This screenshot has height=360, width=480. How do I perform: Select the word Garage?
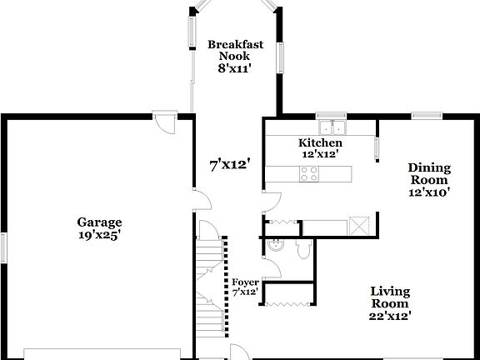99,222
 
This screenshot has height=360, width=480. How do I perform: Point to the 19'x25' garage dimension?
99,235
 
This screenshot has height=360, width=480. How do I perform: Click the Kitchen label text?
320,142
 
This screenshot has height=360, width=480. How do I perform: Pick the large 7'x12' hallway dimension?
230,164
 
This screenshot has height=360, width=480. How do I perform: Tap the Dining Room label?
429,173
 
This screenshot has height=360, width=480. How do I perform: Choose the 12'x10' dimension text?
429,192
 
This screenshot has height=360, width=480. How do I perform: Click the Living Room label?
390,297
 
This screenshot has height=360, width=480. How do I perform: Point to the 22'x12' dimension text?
390,315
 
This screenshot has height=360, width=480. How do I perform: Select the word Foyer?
245,282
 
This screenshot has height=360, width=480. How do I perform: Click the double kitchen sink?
337,127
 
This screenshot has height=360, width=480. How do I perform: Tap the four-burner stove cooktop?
307,173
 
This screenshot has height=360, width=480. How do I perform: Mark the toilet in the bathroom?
304,249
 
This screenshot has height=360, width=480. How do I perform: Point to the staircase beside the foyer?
211,279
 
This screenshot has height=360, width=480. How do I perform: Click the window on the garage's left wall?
3,247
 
